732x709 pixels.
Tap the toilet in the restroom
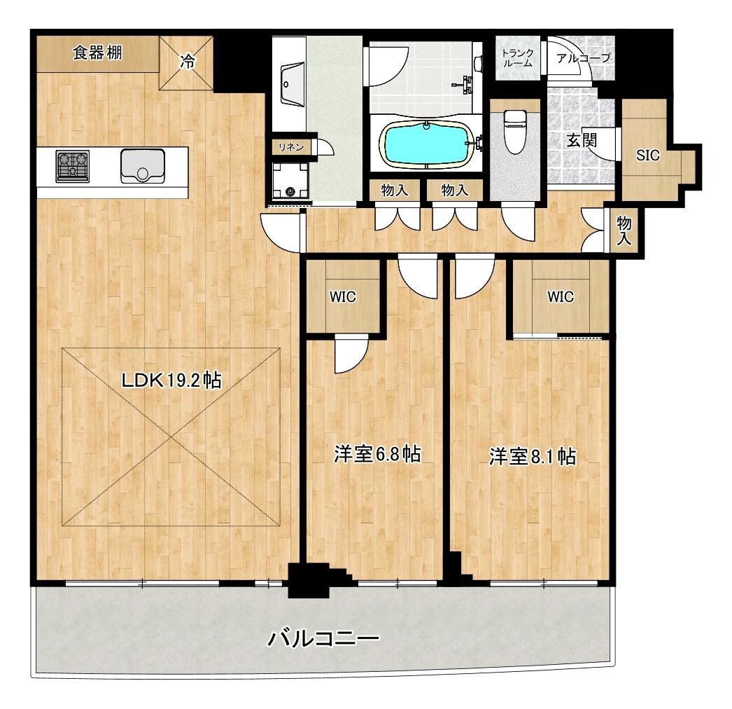pyautogui.click(x=515, y=131)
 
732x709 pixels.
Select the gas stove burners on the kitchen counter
pyautogui.click(x=73, y=166)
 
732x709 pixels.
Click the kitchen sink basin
pyautogui.click(x=142, y=166)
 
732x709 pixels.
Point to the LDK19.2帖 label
pyautogui.click(x=171, y=380)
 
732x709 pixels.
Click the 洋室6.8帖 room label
pyautogui.click(x=377, y=454)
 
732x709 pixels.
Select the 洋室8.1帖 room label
pyautogui.click(x=532, y=456)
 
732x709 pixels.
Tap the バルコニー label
pyautogui.click(x=323, y=638)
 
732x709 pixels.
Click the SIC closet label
pyautogui.click(x=648, y=155)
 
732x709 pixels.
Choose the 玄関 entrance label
pyautogui.click(x=582, y=139)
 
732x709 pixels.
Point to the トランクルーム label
pyautogui.click(x=517, y=58)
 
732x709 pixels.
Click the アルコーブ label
pyautogui.click(x=584, y=58)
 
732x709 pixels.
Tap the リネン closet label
pyautogui.click(x=291, y=147)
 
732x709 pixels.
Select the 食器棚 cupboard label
pyautogui.click(x=97, y=53)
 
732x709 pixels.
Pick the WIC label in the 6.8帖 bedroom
pyautogui.click(x=343, y=297)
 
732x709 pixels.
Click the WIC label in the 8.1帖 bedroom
pyautogui.click(x=561, y=297)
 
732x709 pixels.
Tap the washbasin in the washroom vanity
pyautogui.click(x=293, y=84)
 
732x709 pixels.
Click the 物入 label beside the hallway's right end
pyautogui.click(x=624, y=231)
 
